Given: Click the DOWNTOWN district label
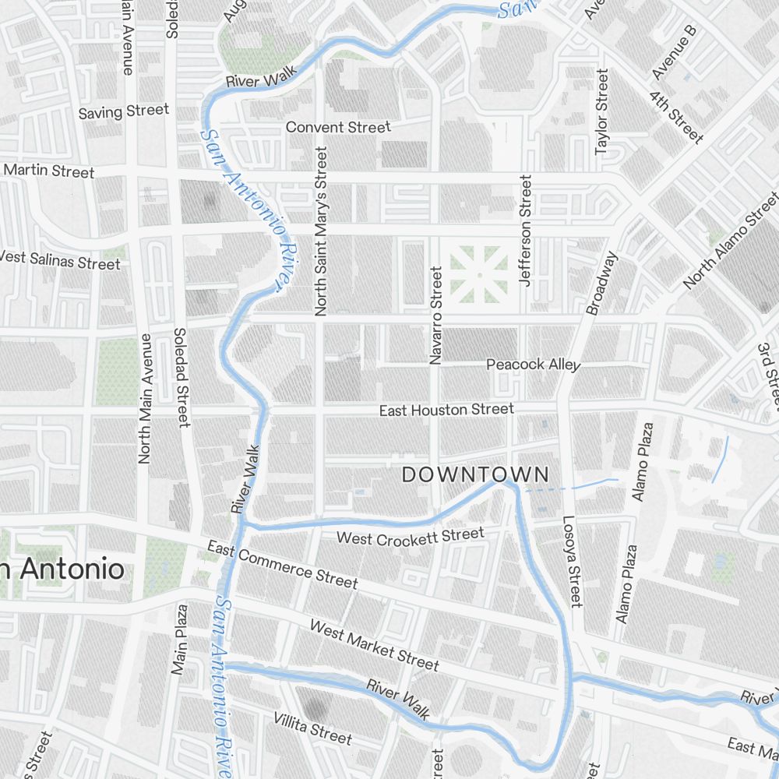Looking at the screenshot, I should pos(475,474).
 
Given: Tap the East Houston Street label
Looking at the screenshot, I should pos(446,410).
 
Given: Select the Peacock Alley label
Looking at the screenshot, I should pos(533,365).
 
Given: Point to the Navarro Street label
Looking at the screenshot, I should pos(435,315).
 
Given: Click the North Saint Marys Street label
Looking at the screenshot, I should pos(321,231).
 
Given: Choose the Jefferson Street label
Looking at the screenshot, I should pos(526,231).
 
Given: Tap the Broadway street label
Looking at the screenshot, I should pos(602,283).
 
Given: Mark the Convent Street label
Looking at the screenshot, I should pos(338,127).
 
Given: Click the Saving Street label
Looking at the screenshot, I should pos(124,111).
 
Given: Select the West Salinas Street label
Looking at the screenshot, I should pos(59,259).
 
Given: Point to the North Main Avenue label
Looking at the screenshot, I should pos(144,399).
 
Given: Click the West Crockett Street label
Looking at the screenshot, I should pos(410,536).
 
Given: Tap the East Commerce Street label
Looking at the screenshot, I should pos(283,566).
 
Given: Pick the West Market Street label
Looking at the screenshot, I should pos(374,645).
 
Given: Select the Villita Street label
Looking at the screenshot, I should pos(312,728).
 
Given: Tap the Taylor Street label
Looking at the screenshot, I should pos(601,111).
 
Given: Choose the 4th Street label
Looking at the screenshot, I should pos(675,117).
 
